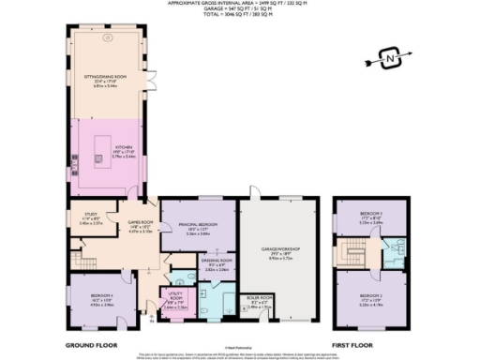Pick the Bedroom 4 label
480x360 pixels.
point(100,301)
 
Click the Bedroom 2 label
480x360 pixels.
point(371,299)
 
